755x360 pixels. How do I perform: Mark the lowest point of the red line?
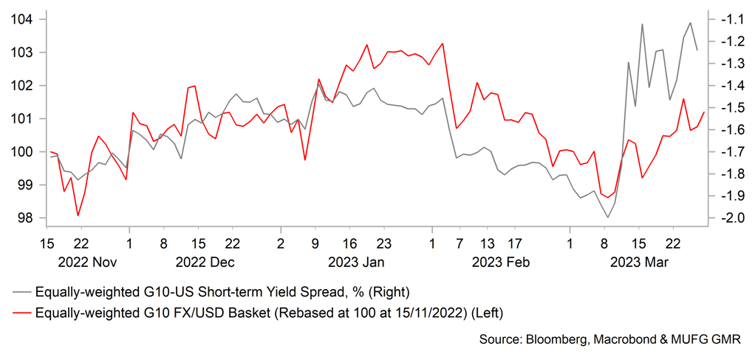[x=78, y=215]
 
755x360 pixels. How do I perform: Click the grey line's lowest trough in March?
[x=608, y=217]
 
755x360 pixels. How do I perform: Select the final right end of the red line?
[x=704, y=112]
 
